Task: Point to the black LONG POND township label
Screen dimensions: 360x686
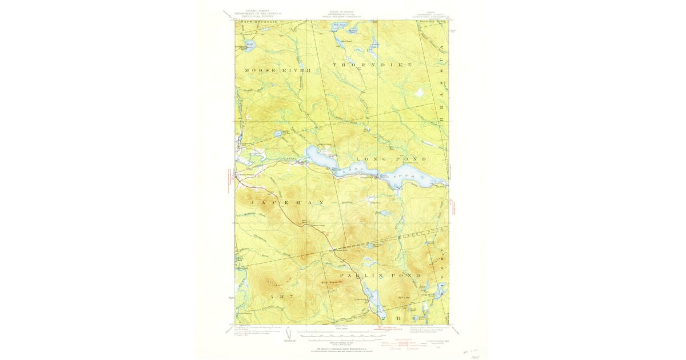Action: point(391,158)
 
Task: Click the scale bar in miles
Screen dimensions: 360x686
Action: point(341,331)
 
